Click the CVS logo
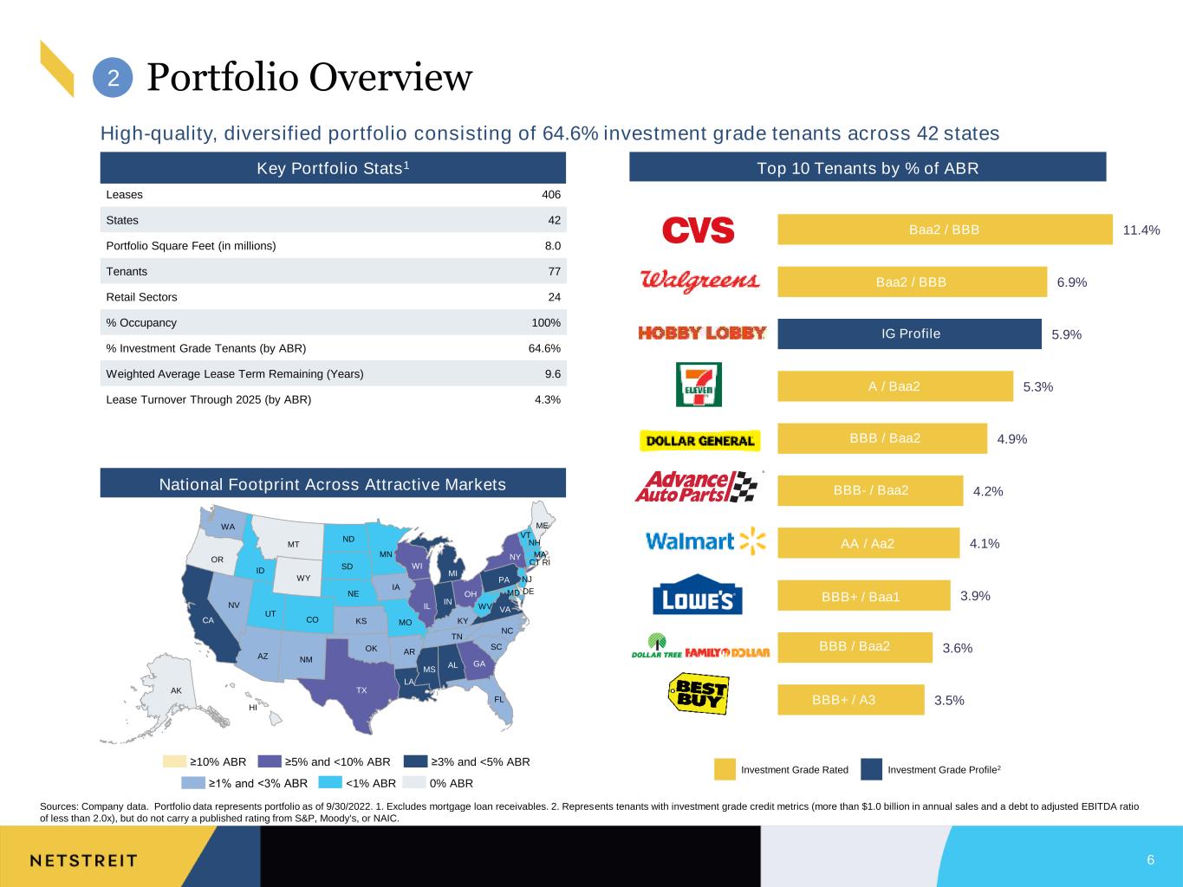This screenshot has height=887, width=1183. coord(698,230)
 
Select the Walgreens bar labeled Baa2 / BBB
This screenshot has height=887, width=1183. coord(912,282)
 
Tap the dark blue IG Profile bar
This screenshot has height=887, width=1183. coord(909,333)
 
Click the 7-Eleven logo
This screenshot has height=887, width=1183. coord(699,385)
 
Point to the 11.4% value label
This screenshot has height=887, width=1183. coord(1141,230)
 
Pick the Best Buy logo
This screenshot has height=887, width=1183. coord(699,694)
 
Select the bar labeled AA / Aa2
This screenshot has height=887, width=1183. coord(868,543)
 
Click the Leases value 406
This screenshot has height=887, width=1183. coord(551,194)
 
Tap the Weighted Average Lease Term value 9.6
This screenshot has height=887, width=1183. coord(552,373)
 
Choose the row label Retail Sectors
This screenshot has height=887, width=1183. coord(141,297)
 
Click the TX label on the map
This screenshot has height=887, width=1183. coord(361,690)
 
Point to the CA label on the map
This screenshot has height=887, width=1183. coord(208,620)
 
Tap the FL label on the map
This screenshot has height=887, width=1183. coord(499,699)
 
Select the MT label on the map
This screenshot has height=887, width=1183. coord(293,545)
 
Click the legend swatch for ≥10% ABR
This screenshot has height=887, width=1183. coord(174,761)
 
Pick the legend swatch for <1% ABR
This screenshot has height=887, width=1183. coord(330,782)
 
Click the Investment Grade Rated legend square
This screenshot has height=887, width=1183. coord(725,769)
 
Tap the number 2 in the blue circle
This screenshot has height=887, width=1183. coord(114,78)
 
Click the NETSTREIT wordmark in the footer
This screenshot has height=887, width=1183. coord(83,861)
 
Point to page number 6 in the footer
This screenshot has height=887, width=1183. coord(1150,859)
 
